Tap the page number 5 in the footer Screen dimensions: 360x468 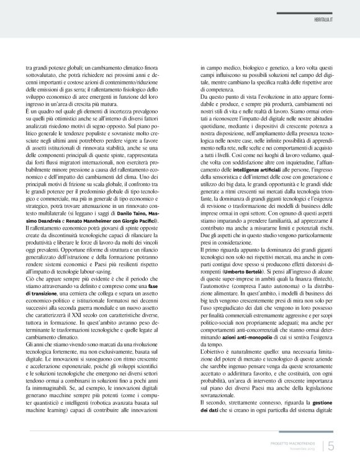[331, 444]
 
